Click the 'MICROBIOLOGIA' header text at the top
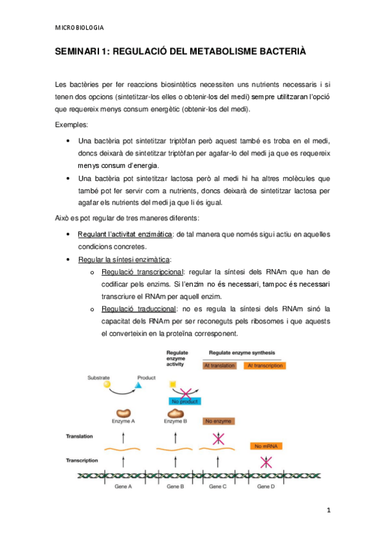pos(80,28)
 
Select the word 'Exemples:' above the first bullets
pos(73,124)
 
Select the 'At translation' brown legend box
pos(219,366)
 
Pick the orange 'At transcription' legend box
pos(264,366)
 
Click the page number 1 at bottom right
pos(328,511)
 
